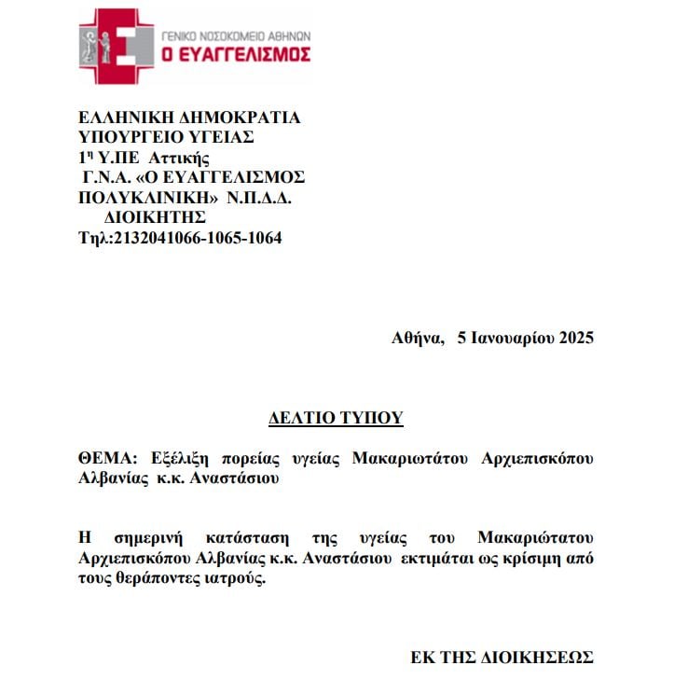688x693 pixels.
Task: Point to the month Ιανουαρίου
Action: coord(512,338)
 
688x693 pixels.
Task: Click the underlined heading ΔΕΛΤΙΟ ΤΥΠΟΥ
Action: coord(336,418)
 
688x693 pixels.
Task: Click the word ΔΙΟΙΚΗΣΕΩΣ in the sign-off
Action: coord(535,658)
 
